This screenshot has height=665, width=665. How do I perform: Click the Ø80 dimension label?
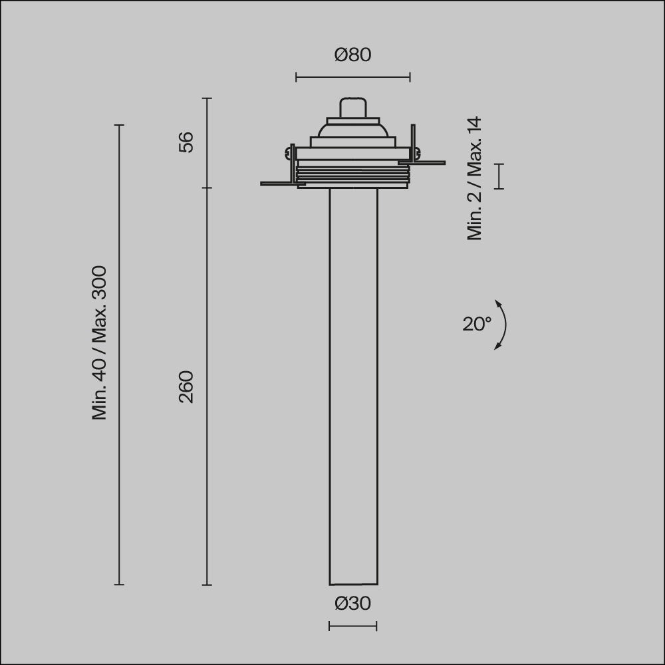(352, 55)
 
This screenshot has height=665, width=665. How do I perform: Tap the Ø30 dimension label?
(352, 604)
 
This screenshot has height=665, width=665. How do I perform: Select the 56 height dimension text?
(187, 142)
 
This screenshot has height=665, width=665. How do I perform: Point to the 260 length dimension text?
(187, 386)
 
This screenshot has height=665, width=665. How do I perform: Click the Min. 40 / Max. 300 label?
(99, 343)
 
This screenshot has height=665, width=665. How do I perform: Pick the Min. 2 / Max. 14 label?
(475, 178)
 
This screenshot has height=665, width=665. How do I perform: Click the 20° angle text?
(477, 324)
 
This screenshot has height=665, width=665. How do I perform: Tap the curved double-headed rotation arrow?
(503, 325)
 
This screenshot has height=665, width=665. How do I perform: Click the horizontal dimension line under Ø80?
(352, 78)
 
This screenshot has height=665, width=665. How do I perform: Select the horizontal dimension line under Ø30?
(352, 626)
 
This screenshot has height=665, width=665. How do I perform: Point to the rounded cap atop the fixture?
(353, 108)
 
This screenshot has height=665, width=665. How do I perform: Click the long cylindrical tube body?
(353, 386)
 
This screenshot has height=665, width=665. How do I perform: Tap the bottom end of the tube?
(353, 583)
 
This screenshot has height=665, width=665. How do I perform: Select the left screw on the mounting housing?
(288, 153)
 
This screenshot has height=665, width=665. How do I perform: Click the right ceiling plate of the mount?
(426, 162)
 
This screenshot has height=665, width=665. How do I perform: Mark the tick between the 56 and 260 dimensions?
(207, 188)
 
